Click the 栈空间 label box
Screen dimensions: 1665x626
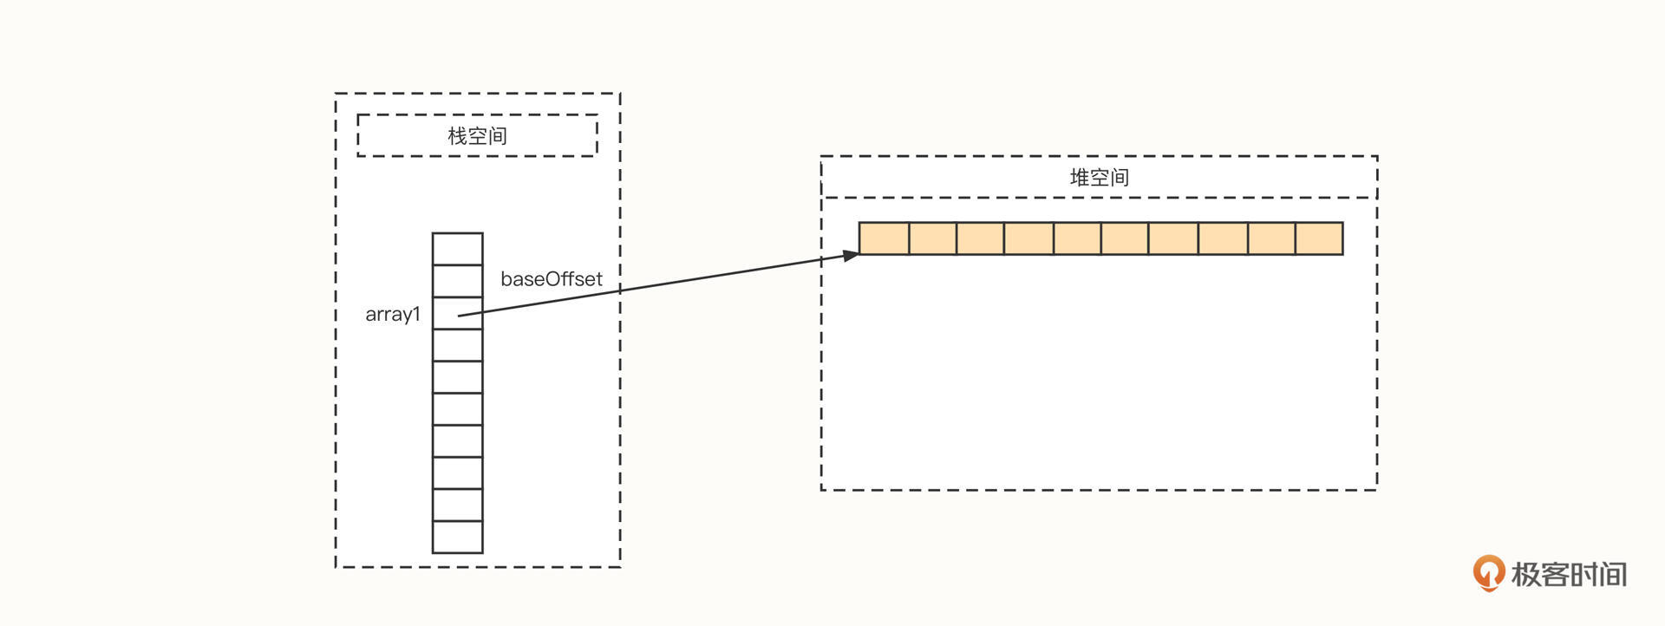pos(477,135)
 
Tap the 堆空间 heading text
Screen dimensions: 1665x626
pos(1099,178)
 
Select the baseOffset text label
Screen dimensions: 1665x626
pos(551,279)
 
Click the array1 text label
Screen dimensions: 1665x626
pos(393,314)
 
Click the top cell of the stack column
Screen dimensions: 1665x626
pos(458,249)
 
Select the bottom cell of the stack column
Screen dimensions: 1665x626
pos(458,537)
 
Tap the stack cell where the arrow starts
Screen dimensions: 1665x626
pos(458,313)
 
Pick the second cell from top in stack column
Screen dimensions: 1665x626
pos(458,281)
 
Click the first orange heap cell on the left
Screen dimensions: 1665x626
pos(884,238)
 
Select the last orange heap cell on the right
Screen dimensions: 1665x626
pos(1319,238)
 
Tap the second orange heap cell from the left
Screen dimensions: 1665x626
pos(933,238)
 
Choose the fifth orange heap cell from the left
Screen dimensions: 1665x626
pos(1078,238)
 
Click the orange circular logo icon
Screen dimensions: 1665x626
pos(1488,572)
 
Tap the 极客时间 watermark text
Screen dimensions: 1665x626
pos(1569,574)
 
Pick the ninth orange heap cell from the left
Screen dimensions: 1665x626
pos(1272,238)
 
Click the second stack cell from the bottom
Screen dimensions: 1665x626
pos(458,505)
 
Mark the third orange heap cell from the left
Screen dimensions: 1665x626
pos(981,238)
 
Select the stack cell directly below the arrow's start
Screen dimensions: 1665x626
pos(458,345)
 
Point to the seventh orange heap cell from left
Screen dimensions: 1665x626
pos(1173,238)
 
